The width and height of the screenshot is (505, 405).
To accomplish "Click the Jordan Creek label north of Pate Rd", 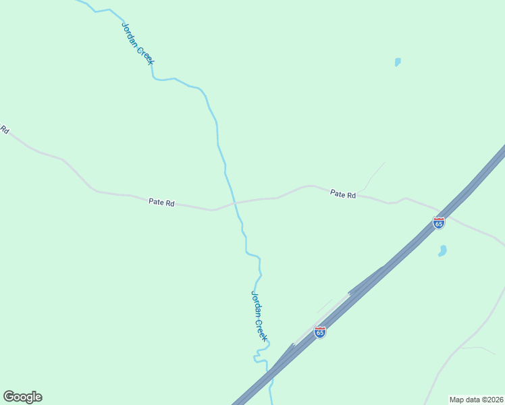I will coord(138,44).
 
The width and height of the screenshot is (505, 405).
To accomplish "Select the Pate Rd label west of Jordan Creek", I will coord(161,202).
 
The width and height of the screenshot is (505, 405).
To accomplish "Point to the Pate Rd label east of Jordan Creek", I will coord(343,194).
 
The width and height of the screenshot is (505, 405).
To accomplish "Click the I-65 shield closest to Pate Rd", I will coord(439,223).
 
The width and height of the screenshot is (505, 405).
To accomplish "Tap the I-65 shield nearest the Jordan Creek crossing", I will coord(320,332).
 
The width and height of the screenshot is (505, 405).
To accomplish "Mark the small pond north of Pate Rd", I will coord(398,62).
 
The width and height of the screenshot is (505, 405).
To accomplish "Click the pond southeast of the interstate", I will coord(443,251).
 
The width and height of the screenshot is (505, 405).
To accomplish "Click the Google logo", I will coord(22,397).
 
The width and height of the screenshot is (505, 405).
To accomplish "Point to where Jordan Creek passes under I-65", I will coord(272,371).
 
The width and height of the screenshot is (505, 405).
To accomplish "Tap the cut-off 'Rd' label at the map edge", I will coord(4,129).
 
